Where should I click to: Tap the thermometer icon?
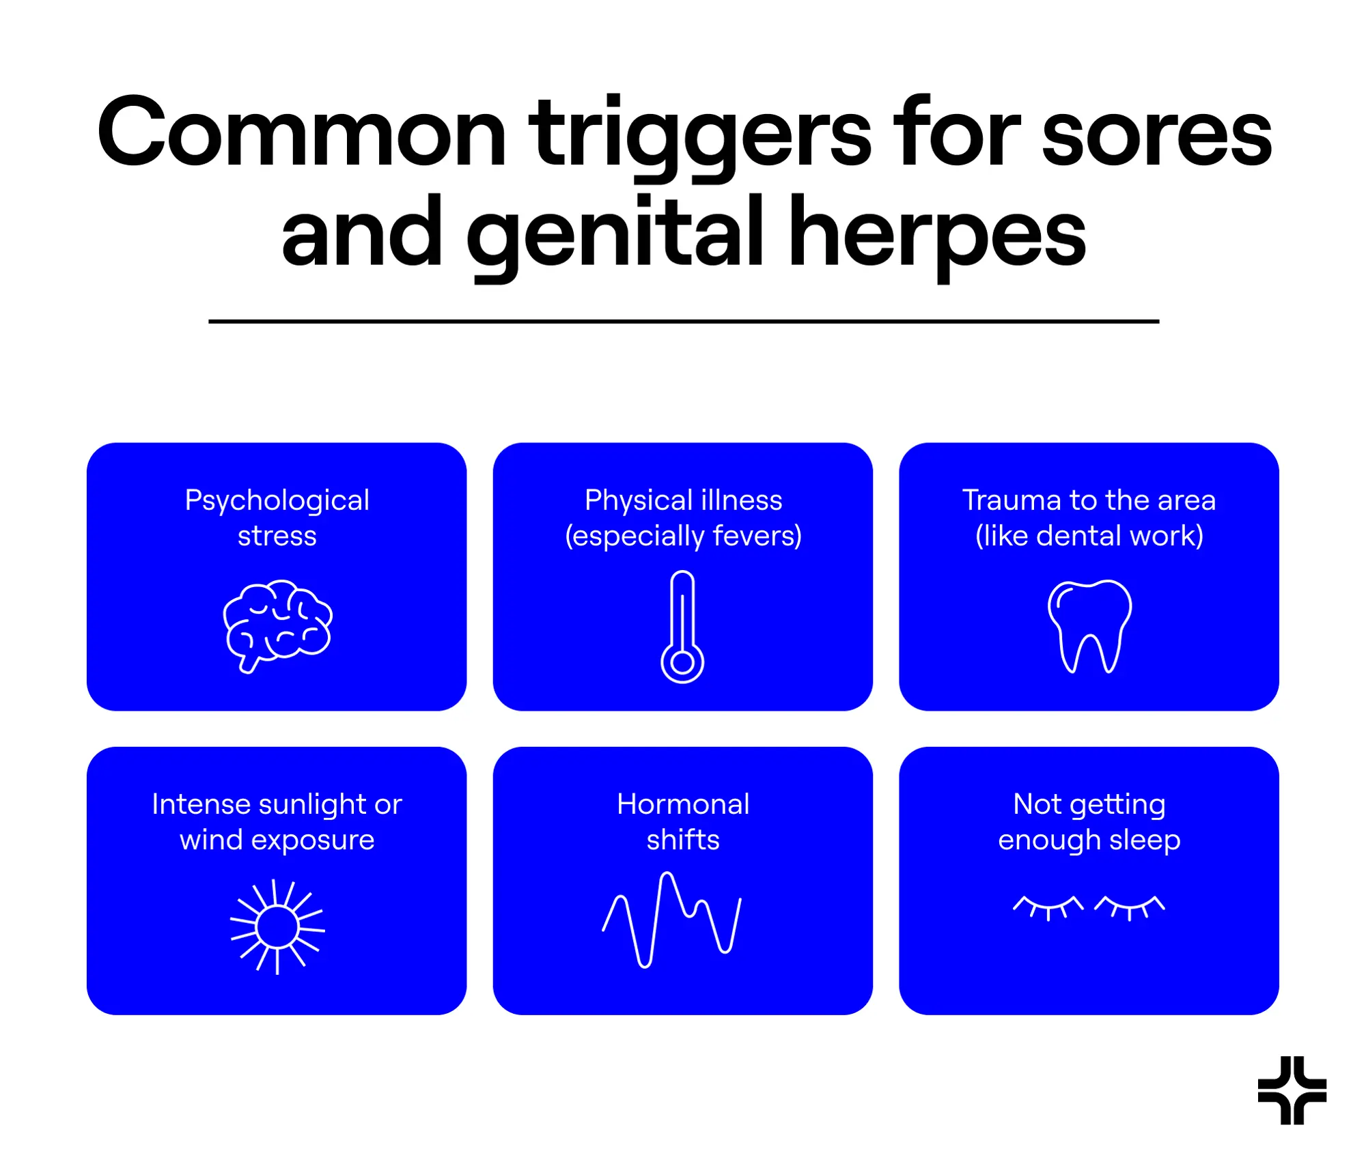point(682,627)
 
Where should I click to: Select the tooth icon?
point(1089,625)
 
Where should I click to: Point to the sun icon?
point(277,926)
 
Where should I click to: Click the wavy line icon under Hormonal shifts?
point(672,919)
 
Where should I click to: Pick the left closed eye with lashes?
point(1048,907)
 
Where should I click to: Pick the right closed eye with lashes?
point(1130,907)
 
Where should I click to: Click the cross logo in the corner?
point(1292,1090)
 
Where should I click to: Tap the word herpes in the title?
point(936,232)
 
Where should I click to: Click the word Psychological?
point(277,500)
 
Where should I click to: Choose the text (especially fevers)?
point(683,536)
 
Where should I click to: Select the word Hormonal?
point(683,804)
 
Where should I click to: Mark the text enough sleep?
point(1089,840)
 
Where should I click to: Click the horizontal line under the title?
point(683,321)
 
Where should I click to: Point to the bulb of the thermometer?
point(682,662)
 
